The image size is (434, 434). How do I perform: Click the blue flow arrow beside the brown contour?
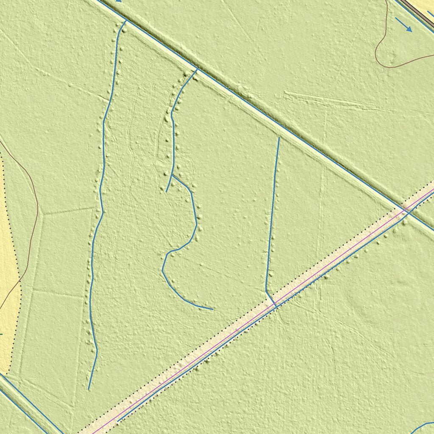coord(403,25)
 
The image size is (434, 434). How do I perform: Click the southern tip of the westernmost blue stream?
coord(89,389)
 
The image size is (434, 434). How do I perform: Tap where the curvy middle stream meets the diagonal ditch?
coord(197,70)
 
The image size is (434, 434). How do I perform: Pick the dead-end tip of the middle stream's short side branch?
coord(166,192)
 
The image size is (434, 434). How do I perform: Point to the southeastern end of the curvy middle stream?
coord(212,309)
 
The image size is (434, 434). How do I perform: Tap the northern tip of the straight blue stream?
coord(279,137)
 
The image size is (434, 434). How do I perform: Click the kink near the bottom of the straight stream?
coord(266,291)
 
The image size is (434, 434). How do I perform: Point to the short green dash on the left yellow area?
coord(1,334)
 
